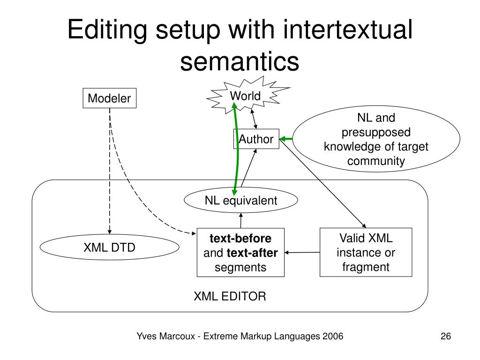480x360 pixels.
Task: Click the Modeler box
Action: (x=110, y=98)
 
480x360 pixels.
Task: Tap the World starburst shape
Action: (x=245, y=97)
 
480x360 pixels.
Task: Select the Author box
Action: (x=256, y=139)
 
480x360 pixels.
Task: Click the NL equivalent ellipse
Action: (x=241, y=201)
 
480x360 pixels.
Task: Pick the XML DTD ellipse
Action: (x=110, y=247)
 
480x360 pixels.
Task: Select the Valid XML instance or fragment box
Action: (x=366, y=252)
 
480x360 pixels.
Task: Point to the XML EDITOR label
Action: (x=230, y=296)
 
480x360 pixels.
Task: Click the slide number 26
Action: (x=445, y=337)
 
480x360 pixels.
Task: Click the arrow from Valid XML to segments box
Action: (x=302, y=253)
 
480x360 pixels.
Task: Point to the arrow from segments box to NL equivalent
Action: (x=240, y=220)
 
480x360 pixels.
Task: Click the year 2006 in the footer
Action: (x=333, y=337)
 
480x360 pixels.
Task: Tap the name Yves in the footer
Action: (x=145, y=337)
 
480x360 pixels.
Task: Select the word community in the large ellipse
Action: (x=376, y=162)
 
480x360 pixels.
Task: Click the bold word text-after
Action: (x=252, y=254)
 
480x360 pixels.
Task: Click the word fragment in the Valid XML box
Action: (x=366, y=267)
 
